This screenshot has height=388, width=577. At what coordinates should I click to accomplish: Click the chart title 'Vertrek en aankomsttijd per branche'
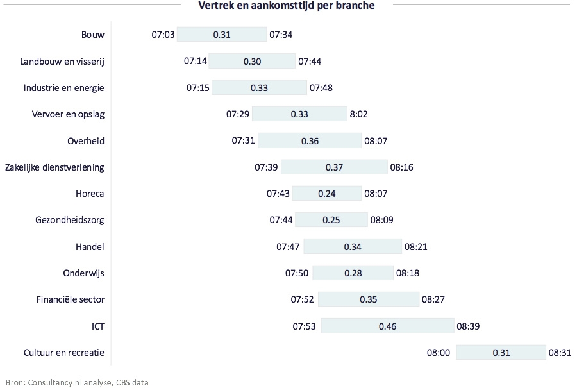(x=287, y=6)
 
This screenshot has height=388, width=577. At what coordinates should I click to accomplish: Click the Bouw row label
(x=93, y=35)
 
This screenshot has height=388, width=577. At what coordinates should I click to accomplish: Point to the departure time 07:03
(x=163, y=35)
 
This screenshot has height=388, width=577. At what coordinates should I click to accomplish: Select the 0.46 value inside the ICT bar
(x=387, y=326)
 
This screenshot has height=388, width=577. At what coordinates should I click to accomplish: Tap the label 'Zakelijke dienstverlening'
(x=54, y=167)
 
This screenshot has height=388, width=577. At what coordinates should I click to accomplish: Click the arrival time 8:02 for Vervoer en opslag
(x=358, y=114)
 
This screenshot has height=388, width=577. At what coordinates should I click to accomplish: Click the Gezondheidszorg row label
(x=70, y=220)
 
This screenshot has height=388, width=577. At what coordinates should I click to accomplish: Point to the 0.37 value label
(x=334, y=167)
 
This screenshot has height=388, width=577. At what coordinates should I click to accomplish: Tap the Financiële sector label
(x=72, y=299)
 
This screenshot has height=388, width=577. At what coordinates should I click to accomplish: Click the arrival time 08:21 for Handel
(x=415, y=247)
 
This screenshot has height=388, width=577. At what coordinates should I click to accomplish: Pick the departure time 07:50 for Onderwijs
(x=297, y=273)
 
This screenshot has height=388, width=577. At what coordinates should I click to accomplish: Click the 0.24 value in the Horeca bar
(x=337, y=194)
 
